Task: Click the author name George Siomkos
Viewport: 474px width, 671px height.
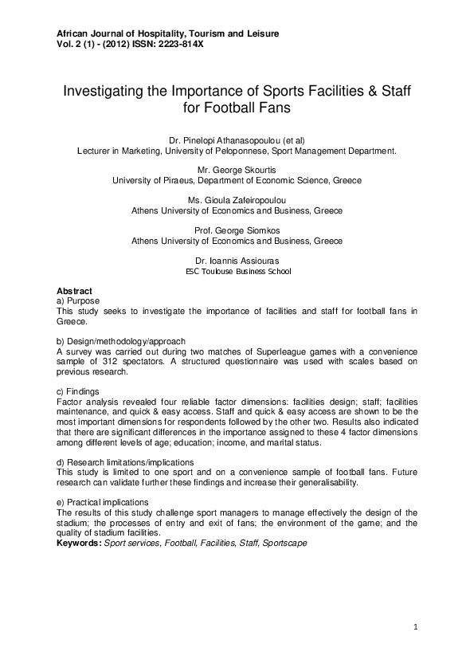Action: click(243, 230)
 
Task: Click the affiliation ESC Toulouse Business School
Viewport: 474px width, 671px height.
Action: click(237, 271)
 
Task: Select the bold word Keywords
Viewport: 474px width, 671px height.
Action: click(79, 543)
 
